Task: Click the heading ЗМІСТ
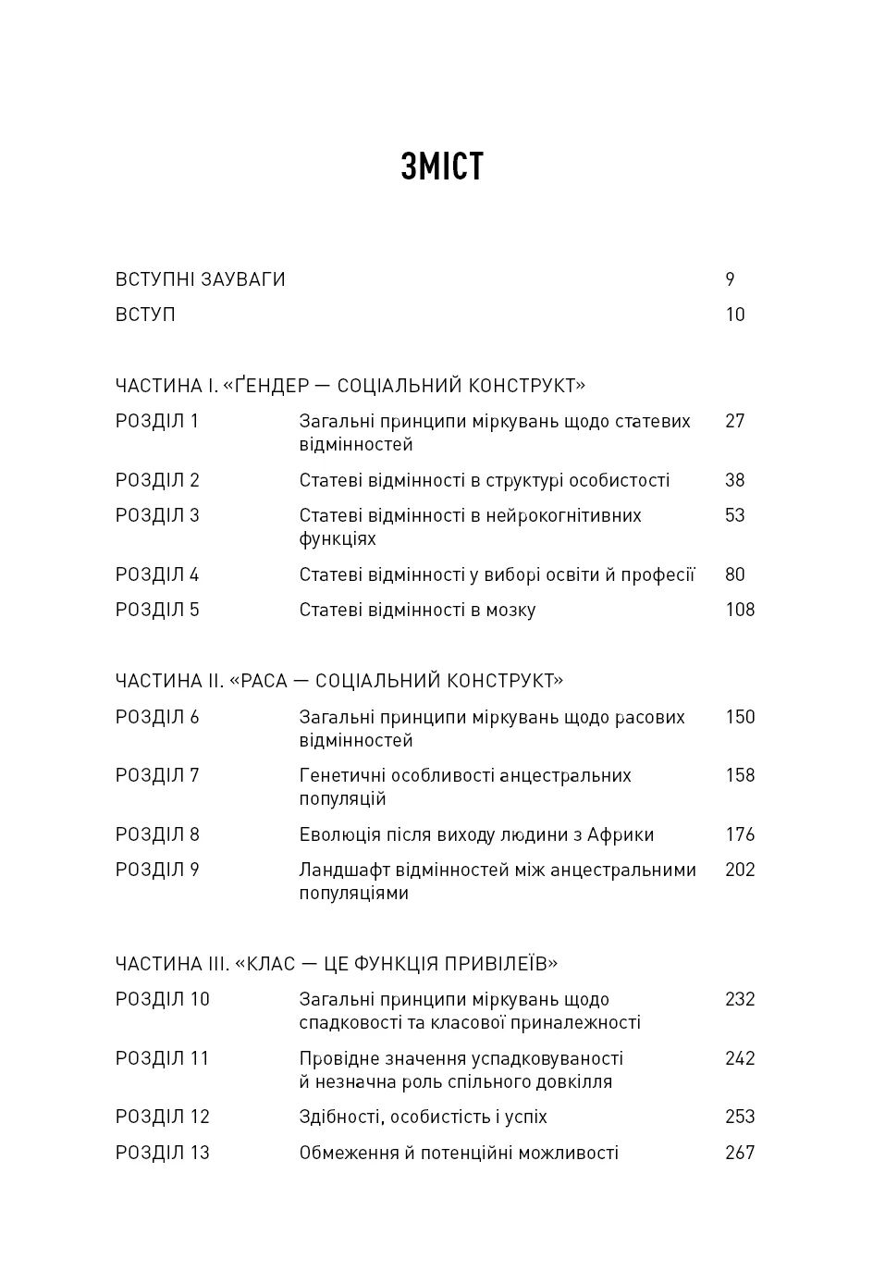[x=442, y=167]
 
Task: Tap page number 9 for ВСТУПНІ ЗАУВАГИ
[x=730, y=279]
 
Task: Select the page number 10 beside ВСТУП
[x=735, y=315]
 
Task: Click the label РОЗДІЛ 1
[x=157, y=421]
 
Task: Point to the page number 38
[x=735, y=480]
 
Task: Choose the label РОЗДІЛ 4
[x=157, y=574]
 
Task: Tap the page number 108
[x=740, y=610]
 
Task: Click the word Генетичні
[x=342, y=776]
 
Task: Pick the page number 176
[x=740, y=834]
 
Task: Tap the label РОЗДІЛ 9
[x=157, y=870]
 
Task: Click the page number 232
[x=740, y=999]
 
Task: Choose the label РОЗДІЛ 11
[x=163, y=1058]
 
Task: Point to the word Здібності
[x=339, y=1117]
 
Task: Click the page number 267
[x=740, y=1153]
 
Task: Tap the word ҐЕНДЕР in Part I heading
[x=278, y=386]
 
